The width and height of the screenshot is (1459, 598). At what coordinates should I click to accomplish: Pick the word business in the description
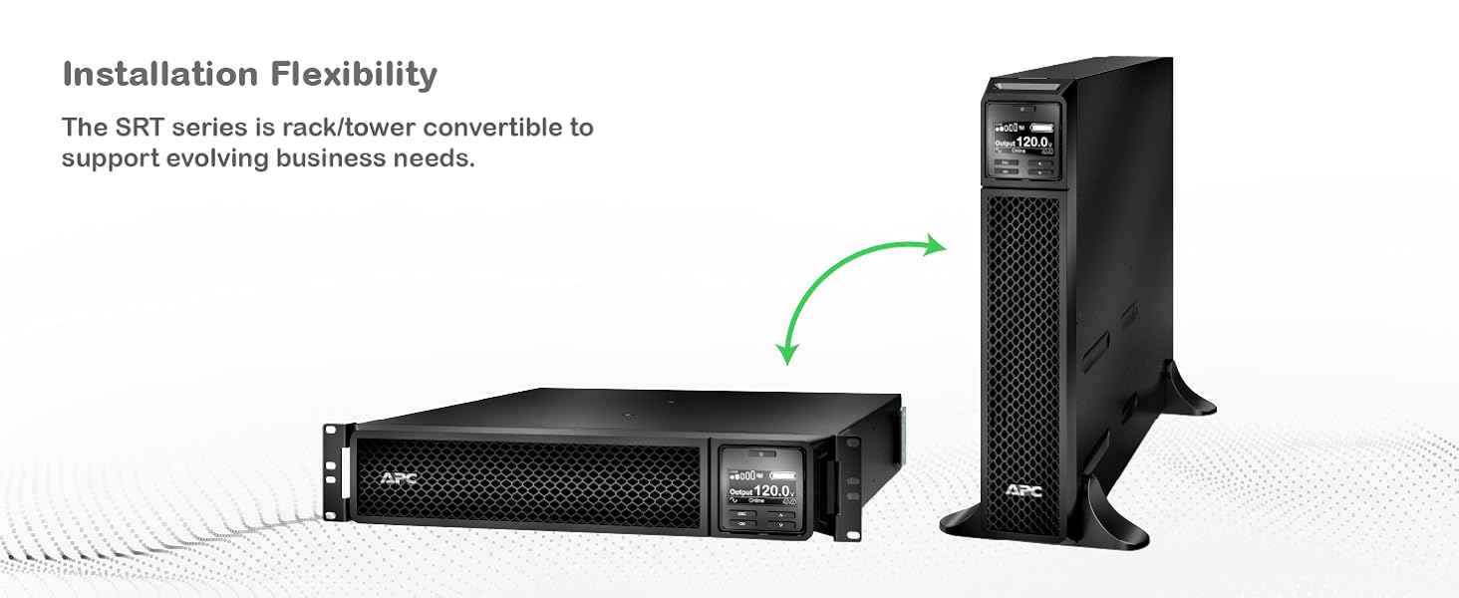pos(354,158)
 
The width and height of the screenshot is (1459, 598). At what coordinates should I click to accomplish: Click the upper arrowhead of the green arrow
pos(934,244)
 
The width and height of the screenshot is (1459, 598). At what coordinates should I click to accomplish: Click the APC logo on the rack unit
pos(400,478)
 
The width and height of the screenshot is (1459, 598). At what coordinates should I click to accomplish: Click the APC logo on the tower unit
pos(1023,489)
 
